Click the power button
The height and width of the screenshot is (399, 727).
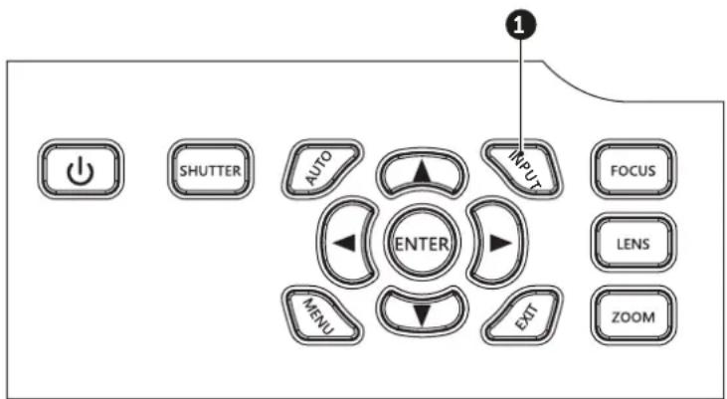coord(81,169)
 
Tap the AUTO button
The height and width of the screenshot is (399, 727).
coord(321,168)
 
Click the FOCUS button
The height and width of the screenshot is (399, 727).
coord(634,169)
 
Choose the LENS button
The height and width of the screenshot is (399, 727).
coord(634,243)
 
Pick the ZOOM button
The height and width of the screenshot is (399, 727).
coord(634,316)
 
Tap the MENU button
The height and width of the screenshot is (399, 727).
coord(321,316)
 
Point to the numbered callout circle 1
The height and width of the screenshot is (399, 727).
coord(520,26)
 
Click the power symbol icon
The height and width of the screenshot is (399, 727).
coord(81,170)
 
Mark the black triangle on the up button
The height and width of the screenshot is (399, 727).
coord(422,172)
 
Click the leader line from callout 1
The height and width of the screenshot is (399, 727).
coord(520,98)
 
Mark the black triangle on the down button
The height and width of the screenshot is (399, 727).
coord(422,316)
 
